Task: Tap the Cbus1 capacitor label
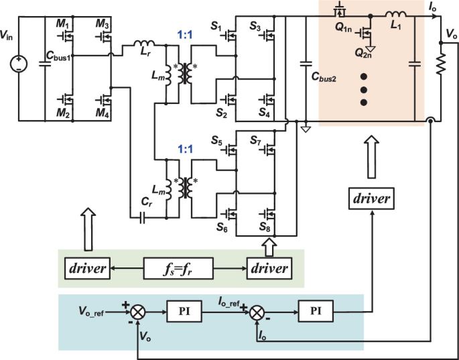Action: pyautogui.click(x=58, y=58)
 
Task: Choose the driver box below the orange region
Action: pyautogui.click(x=369, y=199)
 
